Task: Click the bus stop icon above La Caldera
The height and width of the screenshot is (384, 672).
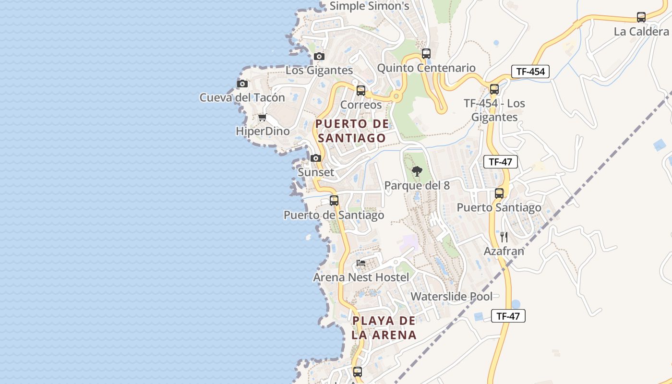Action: click(641, 17)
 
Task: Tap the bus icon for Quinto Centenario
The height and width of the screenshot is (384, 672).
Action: click(426, 54)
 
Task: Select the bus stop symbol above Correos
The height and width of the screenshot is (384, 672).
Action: click(360, 90)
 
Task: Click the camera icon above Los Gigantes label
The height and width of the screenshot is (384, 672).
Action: click(319, 57)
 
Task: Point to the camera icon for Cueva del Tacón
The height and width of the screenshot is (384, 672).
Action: click(242, 84)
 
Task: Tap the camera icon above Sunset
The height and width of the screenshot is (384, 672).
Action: click(315, 158)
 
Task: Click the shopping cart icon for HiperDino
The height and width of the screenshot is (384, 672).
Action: click(262, 118)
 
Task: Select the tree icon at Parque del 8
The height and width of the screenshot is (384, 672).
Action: click(417, 171)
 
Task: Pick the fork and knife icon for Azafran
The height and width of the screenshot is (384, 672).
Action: click(504, 237)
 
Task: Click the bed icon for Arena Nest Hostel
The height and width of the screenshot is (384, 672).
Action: click(361, 264)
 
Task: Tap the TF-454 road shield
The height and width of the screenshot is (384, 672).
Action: click(530, 72)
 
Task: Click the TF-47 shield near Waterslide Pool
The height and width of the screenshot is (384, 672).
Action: click(508, 316)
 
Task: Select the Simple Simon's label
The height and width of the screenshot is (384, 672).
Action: click(369, 6)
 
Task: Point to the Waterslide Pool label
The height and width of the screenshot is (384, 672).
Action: click(451, 297)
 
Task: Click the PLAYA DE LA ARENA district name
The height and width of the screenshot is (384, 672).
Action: click(384, 328)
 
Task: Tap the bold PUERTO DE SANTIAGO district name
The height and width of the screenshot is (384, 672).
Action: click(352, 131)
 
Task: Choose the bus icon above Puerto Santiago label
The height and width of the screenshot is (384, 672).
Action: click(499, 193)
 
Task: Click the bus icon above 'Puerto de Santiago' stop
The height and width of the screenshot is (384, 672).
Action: click(334, 201)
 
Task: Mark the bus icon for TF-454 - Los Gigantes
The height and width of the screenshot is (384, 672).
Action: click(494, 89)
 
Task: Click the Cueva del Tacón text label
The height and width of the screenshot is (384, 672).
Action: click(242, 98)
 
